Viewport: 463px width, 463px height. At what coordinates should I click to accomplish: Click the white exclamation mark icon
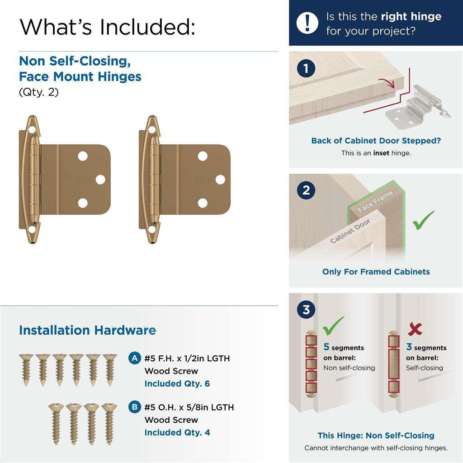(x=307, y=23)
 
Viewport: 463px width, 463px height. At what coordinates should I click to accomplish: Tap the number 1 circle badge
(x=307, y=69)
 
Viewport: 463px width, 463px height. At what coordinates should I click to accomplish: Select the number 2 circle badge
(x=307, y=190)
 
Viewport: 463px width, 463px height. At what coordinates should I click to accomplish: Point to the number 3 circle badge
(x=307, y=310)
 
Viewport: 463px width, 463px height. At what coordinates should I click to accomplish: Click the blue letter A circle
(x=134, y=359)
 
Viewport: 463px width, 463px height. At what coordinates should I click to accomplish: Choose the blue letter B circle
(x=134, y=407)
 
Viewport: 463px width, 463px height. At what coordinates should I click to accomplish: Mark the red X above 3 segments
(x=415, y=329)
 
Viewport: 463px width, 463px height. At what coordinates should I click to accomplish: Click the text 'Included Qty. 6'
(x=177, y=384)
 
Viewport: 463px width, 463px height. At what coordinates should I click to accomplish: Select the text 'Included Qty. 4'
(x=177, y=433)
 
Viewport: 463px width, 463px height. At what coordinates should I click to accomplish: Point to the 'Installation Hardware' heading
(x=87, y=330)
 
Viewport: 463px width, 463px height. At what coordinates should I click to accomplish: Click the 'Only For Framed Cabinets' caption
(x=376, y=272)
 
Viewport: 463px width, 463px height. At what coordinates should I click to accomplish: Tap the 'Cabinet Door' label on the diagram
(x=350, y=231)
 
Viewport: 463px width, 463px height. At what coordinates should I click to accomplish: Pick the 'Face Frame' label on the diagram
(x=375, y=202)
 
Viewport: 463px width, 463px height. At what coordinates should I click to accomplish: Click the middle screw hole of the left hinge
(x=100, y=180)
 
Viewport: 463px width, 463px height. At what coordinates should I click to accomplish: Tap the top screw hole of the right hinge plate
(x=203, y=156)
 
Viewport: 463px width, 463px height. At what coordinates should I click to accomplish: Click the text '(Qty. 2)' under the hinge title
(x=38, y=92)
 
